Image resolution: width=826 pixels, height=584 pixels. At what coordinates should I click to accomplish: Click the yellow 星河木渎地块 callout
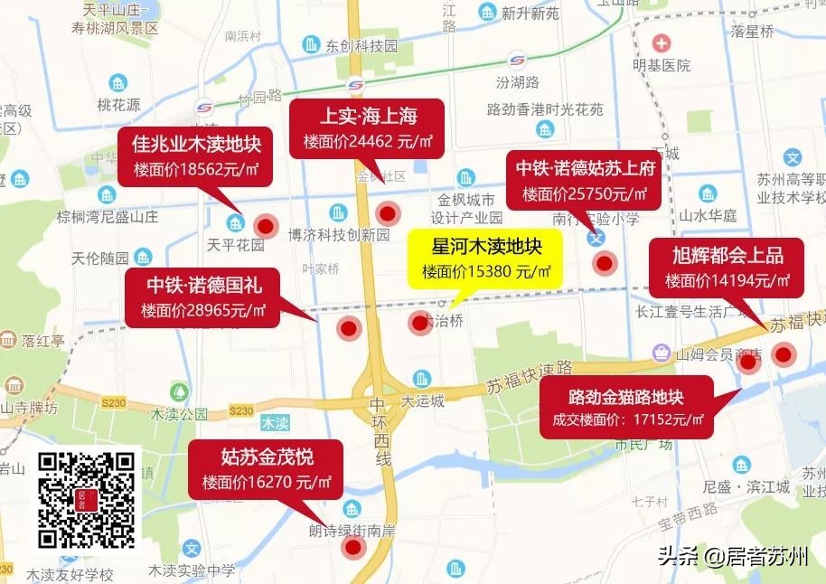point(485,258)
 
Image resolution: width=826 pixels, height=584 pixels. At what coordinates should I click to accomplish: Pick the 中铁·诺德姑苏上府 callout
point(585,181)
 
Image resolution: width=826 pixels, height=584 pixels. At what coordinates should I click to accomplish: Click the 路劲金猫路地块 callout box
point(625,408)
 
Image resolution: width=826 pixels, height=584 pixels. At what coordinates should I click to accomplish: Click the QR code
point(87,502)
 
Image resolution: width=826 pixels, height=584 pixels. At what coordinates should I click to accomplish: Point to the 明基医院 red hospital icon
point(662,43)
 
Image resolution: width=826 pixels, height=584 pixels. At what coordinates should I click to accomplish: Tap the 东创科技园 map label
point(361,44)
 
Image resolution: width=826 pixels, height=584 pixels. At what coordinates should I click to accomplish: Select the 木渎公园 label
point(179,415)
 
